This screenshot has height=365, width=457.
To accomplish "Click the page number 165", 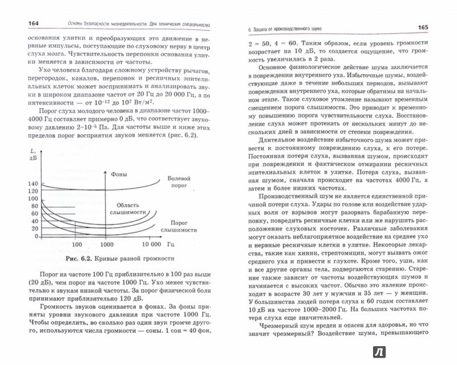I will (x=430, y=27).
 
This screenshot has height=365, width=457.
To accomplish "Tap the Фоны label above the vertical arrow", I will (x=119, y=175).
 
